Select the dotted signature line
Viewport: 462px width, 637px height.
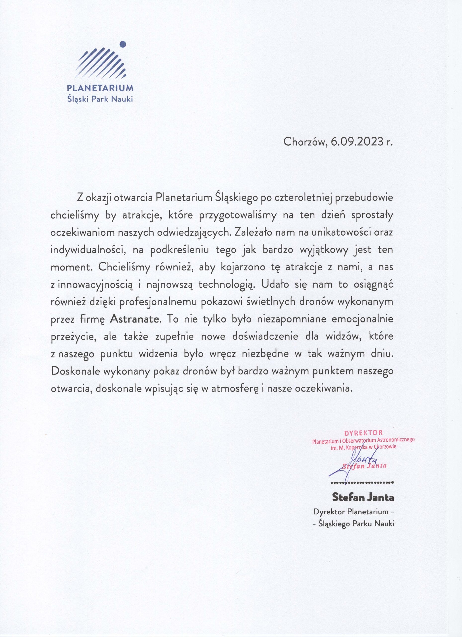pos(362,483)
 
